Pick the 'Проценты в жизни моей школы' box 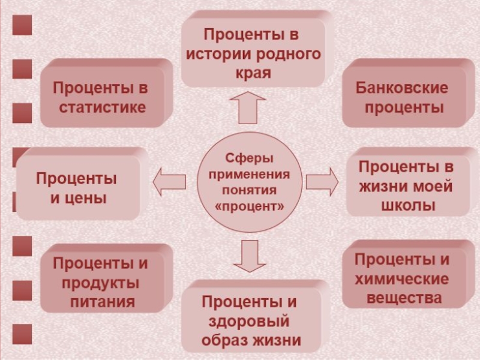click(x=406, y=185)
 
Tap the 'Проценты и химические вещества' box click(x=401, y=278)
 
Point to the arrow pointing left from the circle click(x=170, y=181)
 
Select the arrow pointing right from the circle click(x=323, y=181)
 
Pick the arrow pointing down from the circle click(x=250, y=256)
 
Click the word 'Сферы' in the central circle click(x=248, y=159)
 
